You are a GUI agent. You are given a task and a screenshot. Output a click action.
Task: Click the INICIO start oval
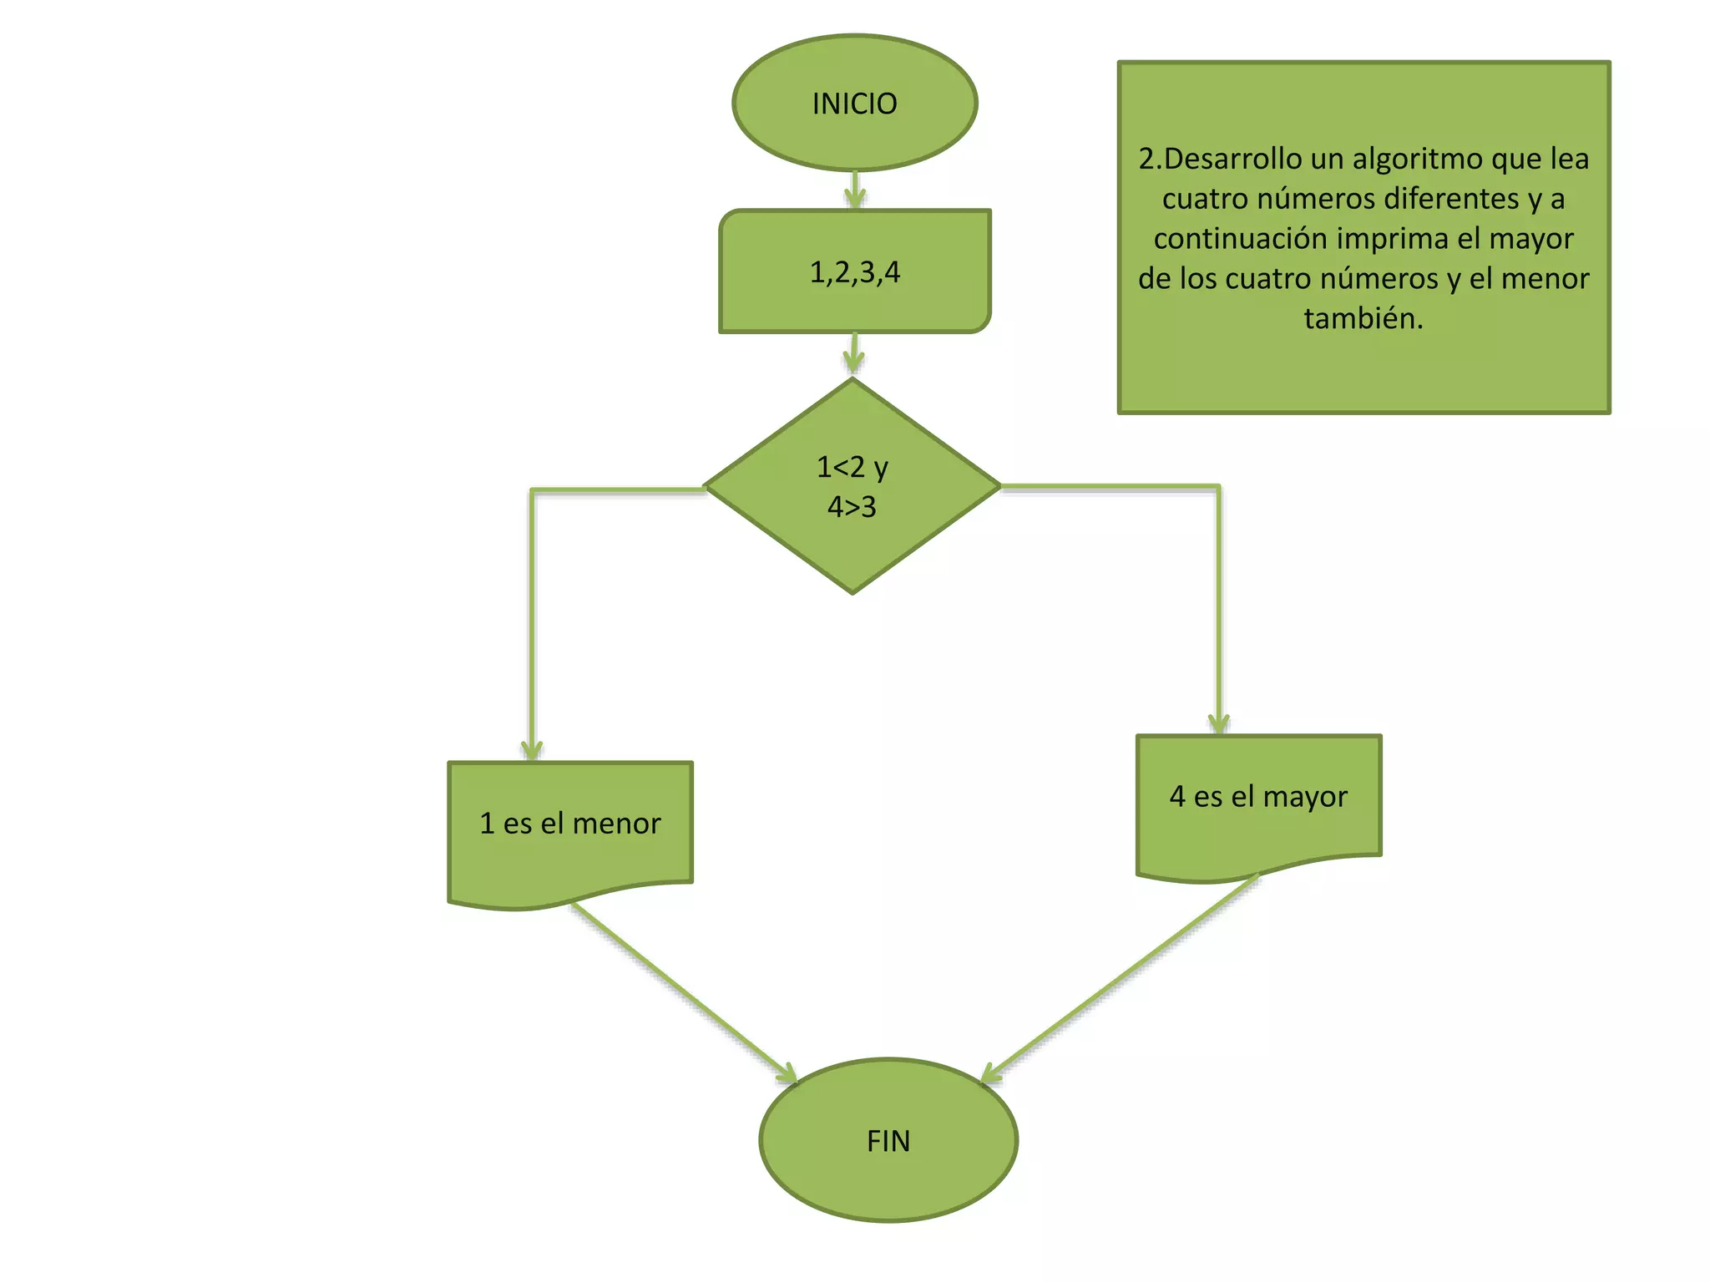(x=854, y=104)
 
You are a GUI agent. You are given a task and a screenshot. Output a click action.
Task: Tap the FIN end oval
(x=888, y=1140)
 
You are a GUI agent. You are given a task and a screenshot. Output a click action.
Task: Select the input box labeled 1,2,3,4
(x=854, y=271)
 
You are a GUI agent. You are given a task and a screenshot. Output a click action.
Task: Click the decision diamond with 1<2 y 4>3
(x=852, y=486)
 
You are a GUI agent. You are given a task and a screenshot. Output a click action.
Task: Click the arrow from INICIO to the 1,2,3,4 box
(x=854, y=190)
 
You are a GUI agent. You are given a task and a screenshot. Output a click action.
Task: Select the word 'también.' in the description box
(x=1363, y=318)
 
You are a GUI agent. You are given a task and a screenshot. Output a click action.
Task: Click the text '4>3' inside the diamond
(x=852, y=507)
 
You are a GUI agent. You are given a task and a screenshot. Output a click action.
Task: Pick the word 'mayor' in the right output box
(x=1305, y=797)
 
